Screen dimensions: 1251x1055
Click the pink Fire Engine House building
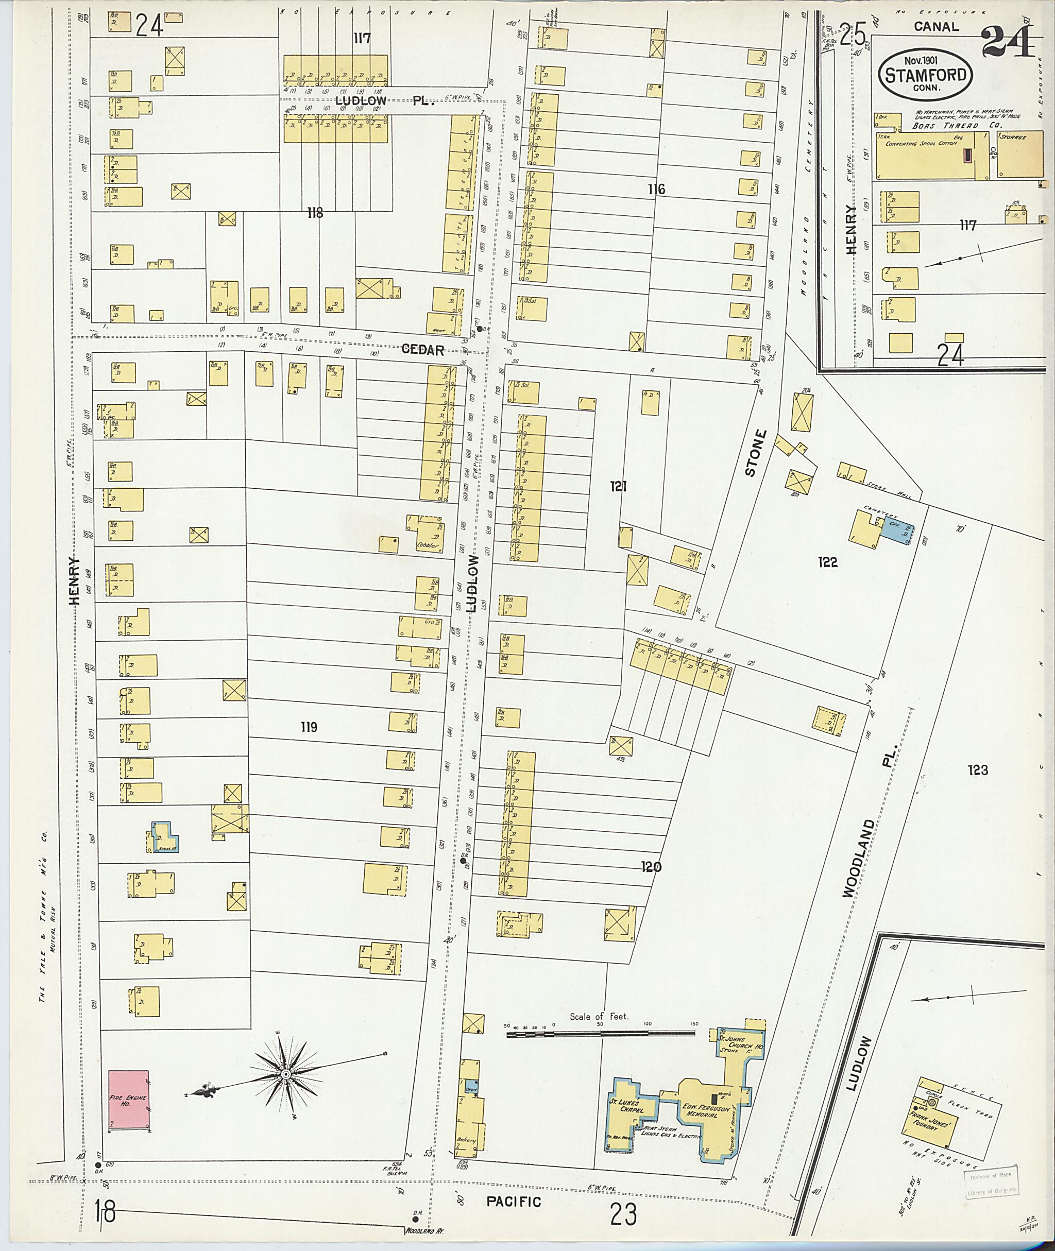[128, 1101]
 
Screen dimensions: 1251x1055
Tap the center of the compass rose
[286, 1074]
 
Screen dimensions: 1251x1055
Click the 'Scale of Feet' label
[599, 1017]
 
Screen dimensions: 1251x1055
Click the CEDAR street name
[422, 350]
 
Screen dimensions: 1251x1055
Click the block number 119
[309, 727]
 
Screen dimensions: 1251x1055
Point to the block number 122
[827, 562]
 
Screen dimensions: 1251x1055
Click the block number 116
[656, 189]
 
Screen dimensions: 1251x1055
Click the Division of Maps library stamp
[991, 1183]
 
